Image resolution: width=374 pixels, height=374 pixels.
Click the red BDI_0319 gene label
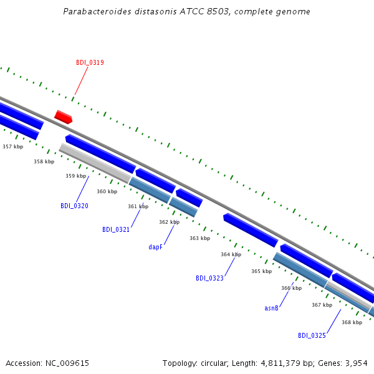point(90,62)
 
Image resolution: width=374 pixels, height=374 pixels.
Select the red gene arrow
point(63,117)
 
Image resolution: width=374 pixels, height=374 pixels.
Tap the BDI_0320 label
point(74,206)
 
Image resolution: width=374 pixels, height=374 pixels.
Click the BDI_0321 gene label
point(116,229)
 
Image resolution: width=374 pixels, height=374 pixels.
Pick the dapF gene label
point(155,247)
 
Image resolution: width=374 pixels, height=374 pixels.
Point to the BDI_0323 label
point(209,278)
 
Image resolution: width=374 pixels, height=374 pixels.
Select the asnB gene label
point(271,308)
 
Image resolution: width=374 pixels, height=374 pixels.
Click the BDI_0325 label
point(312,335)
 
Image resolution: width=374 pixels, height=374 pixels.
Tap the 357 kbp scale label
point(13,146)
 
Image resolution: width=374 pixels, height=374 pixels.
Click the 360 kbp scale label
point(107,191)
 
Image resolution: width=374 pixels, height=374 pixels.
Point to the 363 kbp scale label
point(200,238)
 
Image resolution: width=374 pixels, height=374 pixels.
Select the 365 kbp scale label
point(261,271)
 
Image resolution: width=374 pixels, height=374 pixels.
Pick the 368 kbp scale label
point(352,322)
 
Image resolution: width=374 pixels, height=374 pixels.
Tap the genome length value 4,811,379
point(280,363)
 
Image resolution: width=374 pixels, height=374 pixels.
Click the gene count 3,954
point(357,363)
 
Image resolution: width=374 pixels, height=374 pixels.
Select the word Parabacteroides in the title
point(97,11)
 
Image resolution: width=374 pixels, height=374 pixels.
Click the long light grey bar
point(95,163)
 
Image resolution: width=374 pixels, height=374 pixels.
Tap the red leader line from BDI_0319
point(81,81)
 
